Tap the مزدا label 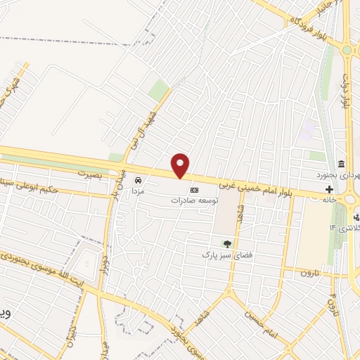coord(138,191)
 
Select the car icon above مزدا coord(138,180)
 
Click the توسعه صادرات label coord(194,200)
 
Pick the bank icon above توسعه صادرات coord(194,190)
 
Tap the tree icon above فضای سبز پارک coord(226,243)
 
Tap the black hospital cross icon coord(330,190)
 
